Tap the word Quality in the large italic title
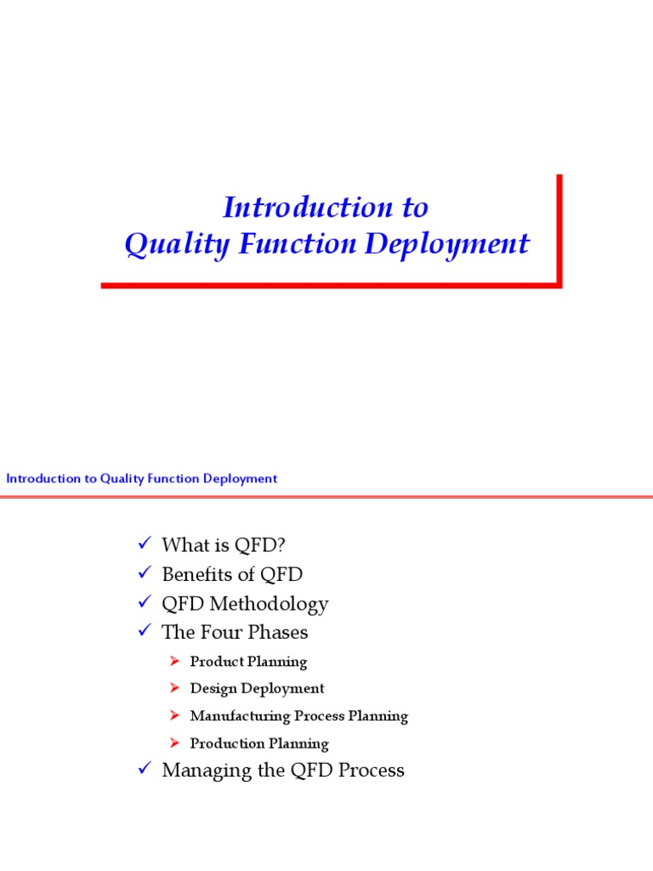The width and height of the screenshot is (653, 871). (166, 245)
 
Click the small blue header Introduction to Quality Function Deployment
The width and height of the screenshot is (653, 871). (142, 479)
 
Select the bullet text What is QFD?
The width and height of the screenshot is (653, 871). (219, 545)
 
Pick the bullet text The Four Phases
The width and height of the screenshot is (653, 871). (235, 633)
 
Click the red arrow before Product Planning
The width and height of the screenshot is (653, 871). (174, 662)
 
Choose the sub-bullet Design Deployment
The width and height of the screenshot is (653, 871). (257, 689)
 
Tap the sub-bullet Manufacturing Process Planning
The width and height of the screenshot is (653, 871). (298, 716)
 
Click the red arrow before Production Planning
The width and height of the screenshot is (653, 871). (174, 743)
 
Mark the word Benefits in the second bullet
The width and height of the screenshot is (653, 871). (196, 574)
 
